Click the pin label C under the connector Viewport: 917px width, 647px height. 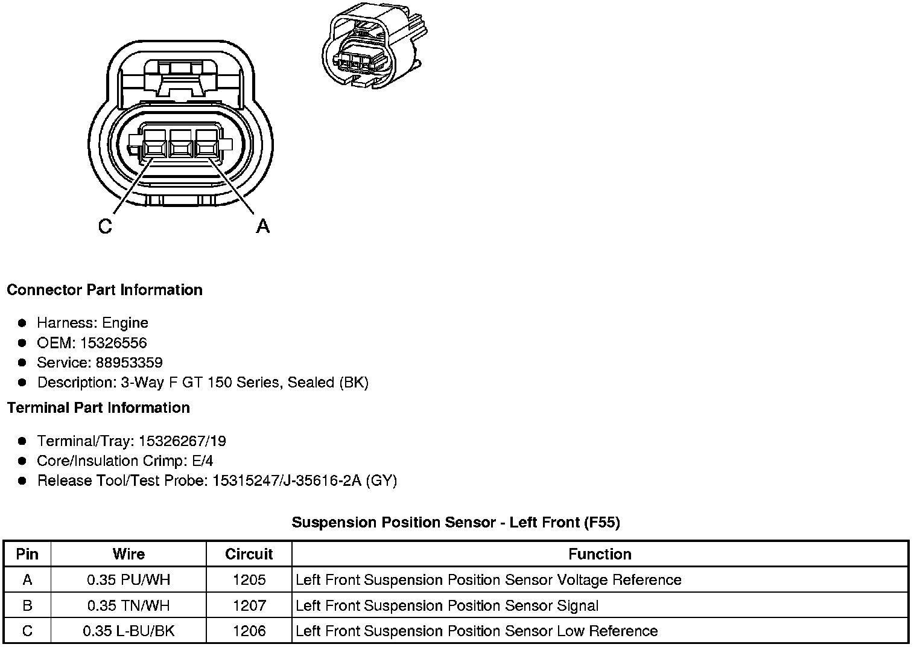pos(105,226)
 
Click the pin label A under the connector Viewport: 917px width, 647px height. pos(263,226)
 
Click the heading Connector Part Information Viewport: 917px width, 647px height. pos(104,290)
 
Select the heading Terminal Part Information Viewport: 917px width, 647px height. pos(98,408)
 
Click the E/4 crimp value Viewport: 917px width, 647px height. pos(202,461)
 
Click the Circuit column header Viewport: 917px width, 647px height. pos(249,554)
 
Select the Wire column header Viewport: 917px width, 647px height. pos(129,554)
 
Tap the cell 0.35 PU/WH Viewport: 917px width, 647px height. pos(129,580)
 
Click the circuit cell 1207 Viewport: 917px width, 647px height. pos(249,605)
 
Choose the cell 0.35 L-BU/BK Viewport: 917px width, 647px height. pos(129,631)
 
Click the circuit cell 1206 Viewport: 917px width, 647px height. pos(249,631)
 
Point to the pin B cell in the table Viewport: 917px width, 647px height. pos(27,605)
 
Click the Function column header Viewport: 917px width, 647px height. pos(600,554)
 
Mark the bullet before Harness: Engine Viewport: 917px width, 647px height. pos(22,323)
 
